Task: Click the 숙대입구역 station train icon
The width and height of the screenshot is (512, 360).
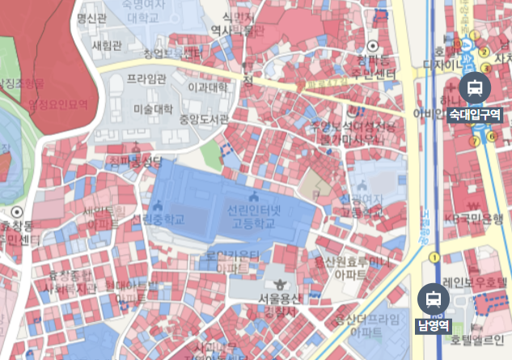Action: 472,87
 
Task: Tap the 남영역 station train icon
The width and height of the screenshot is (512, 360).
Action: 433,299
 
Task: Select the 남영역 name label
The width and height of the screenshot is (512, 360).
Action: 433,327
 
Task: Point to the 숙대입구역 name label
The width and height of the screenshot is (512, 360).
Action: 474,114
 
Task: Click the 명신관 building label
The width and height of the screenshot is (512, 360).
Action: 91,18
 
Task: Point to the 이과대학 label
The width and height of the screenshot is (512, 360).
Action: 207,86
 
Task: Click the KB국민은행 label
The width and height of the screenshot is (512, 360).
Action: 477,219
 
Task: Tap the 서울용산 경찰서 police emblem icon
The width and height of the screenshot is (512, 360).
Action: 281,284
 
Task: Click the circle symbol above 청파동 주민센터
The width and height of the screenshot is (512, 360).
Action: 373,46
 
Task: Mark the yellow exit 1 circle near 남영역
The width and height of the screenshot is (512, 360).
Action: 434,258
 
